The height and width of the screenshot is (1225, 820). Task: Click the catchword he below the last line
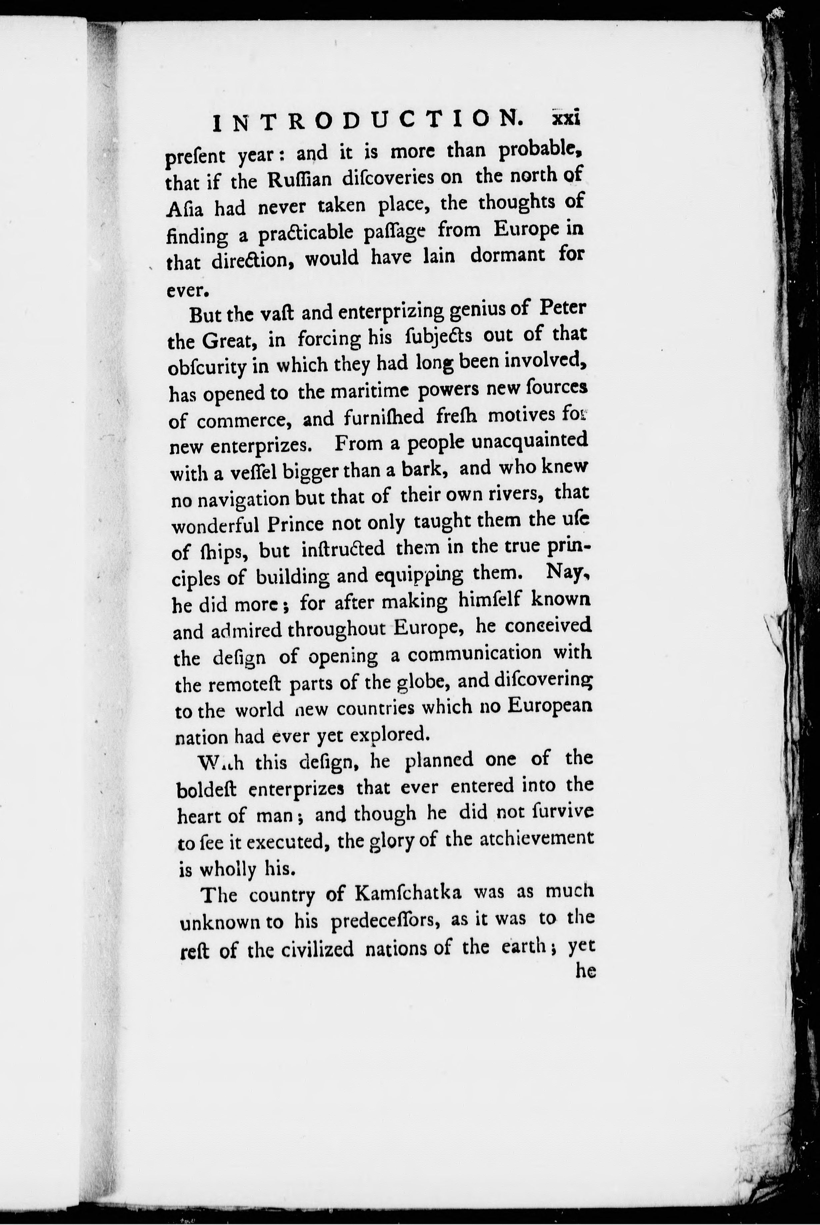(x=586, y=971)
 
